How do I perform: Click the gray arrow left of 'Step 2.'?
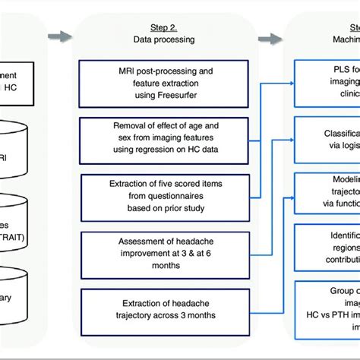click(58, 35)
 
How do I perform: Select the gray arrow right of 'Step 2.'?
click(268, 36)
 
